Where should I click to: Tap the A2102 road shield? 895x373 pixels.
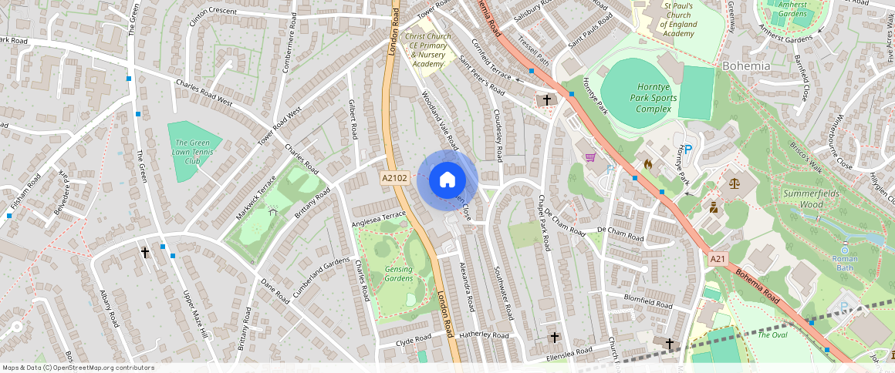pyautogui.click(x=394, y=178)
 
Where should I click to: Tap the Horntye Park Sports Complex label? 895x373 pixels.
pyautogui.click(x=653, y=98)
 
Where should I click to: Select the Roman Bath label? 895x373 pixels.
pyautogui.click(x=845, y=264)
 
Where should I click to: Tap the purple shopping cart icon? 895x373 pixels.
pyautogui.click(x=591, y=158)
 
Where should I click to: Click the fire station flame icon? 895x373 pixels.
pyautogui.click(x=648, y=164)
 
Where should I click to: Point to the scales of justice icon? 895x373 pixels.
pyautogui.click(x=732, y=183)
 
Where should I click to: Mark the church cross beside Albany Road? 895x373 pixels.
pyautogui.click(x=145, y=252)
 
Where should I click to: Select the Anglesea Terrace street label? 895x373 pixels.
pyautogui.click(x=378, y=219)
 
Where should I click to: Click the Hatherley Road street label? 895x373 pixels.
pyautogui.click(x=484, y=336)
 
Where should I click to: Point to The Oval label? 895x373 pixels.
pyautogui.click(x=772, y=335)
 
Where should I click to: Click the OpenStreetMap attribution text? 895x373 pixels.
pyautogui.click(x=79, y=368)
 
